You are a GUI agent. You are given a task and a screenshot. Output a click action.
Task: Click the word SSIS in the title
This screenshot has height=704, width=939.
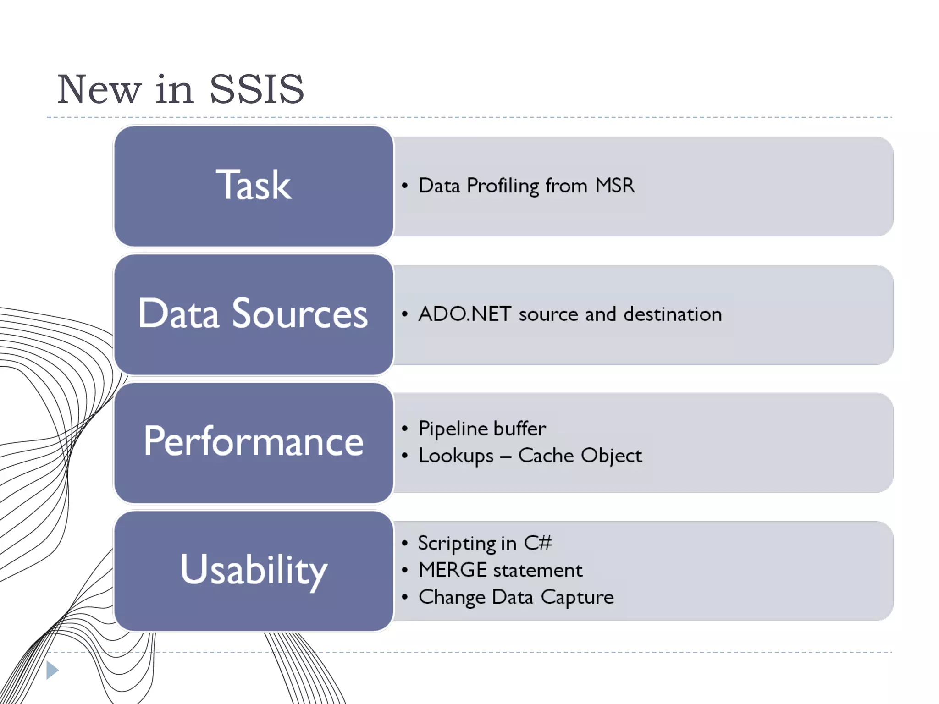click(x=257, y=89)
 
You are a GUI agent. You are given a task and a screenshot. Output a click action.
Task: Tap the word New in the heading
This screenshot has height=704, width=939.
click(x=99, y=89)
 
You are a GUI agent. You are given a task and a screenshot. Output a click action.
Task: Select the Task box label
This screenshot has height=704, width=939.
click(x=253, y=185)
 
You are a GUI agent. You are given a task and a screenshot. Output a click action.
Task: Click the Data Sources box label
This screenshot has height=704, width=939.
click(x=253, y=313)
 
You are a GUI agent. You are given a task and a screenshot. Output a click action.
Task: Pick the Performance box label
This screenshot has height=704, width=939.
click(x=253, y=441)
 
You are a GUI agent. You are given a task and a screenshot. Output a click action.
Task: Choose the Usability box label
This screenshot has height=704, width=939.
click(x=253, y=570)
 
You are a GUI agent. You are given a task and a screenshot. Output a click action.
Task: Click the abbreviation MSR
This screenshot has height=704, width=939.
click(x=615, y=186)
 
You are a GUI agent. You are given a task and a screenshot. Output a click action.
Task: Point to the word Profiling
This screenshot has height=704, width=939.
click(x=503, y=186)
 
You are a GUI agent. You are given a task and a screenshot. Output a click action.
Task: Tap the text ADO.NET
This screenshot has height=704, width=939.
click(x=464, y=314)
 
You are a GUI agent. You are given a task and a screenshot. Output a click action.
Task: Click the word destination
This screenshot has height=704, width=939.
click(x=673, y=314)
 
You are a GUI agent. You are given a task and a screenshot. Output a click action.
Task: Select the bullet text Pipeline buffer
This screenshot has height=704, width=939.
click(x=482, y=429)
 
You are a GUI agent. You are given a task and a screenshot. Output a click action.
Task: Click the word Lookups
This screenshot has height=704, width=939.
click(x=456, y=456)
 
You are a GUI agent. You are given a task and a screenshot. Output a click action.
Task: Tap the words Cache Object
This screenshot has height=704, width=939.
click(x=580, y=456)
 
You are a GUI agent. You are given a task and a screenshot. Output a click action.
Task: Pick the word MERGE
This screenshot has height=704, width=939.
click(x=452, y=570)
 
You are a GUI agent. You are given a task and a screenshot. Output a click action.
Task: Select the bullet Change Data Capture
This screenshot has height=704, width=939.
click(x=516, y=597)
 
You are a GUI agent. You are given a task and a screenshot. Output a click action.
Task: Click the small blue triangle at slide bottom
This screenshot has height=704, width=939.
click(x=52, y=670)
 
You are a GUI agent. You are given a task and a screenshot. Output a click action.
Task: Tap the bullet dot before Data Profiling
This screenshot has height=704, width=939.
click(x=404, y=186)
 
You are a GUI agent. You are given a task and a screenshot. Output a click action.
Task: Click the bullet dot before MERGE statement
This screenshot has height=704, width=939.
click(x=404, y=570)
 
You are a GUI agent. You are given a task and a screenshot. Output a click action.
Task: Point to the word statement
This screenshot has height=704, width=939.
click(x=538, y=570)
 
